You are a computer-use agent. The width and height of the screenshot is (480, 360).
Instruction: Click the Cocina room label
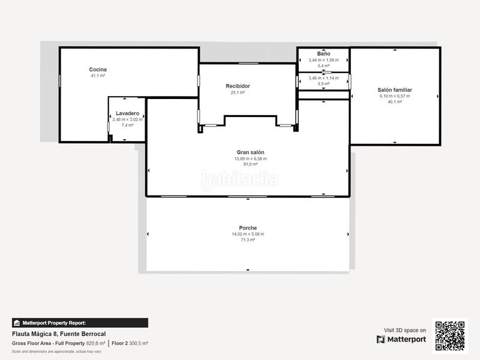click(x=98, y=70)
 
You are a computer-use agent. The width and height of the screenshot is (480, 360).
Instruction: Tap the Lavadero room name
click(x=128, y=113)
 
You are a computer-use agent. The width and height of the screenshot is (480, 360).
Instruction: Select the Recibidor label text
click(x=238, y=86)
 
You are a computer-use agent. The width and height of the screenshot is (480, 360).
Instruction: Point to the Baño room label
click(x=323, y=54)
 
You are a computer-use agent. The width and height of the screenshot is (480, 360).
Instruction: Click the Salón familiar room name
click(x=395, y=90)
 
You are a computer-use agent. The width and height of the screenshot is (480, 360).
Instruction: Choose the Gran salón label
click(x=250, y=152)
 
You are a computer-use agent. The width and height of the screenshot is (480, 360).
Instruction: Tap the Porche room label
click(x=248, y=228)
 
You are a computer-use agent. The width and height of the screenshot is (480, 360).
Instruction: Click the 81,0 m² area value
click(x=250, y=164)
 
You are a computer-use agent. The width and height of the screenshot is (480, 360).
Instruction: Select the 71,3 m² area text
click(x=248, y=240)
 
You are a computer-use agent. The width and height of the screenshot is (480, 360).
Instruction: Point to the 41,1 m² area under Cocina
click(x=98, y=76)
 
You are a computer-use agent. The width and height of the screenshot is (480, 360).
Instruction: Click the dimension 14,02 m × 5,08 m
click(x=248, y=234)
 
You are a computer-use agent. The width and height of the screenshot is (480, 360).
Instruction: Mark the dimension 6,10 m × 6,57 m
click(x=395, y=96)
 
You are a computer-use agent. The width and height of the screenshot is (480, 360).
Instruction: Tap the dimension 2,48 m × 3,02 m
click(x=128, y=119)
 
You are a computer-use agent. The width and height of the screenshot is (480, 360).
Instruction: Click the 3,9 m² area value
click(x=323, y=84)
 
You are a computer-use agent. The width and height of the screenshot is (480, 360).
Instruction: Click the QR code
click(x=449, y=336)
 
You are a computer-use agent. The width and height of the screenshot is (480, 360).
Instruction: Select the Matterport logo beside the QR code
click(x=401, y=340)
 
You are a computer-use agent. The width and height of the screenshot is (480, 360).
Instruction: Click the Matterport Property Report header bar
click(x=80, y=323)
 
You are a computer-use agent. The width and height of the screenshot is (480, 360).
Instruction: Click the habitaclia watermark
click(x=240, y=178)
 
